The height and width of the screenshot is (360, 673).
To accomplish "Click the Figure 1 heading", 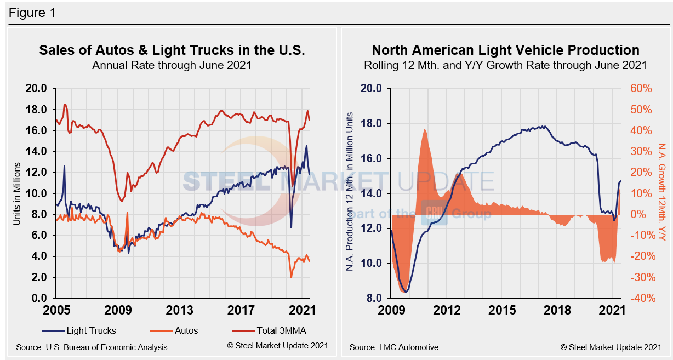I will pos(32,12).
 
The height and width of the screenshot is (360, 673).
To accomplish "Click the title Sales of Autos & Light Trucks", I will pos(172,50).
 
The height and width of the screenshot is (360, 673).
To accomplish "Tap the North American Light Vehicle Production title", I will pos(505,50).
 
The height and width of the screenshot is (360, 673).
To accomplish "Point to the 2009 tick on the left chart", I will pos(118,310).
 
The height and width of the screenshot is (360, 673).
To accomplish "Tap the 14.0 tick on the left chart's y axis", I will pos(38,151).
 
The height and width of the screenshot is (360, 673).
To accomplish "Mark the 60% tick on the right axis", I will pos(640,88).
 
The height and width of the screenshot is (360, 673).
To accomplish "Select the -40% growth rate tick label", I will pos(639,298).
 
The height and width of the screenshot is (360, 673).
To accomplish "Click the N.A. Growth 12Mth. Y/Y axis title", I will pos(661,192).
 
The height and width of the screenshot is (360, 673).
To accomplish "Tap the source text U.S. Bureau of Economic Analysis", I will pos(92,347).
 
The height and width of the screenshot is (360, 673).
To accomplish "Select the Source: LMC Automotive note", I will pos(393,347).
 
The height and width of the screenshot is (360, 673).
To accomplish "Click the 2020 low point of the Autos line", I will pos(291,277).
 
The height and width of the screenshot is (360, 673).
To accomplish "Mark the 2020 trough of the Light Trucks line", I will pos(291,227).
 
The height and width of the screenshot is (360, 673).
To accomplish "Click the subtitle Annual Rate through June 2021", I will pos(172,66).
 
